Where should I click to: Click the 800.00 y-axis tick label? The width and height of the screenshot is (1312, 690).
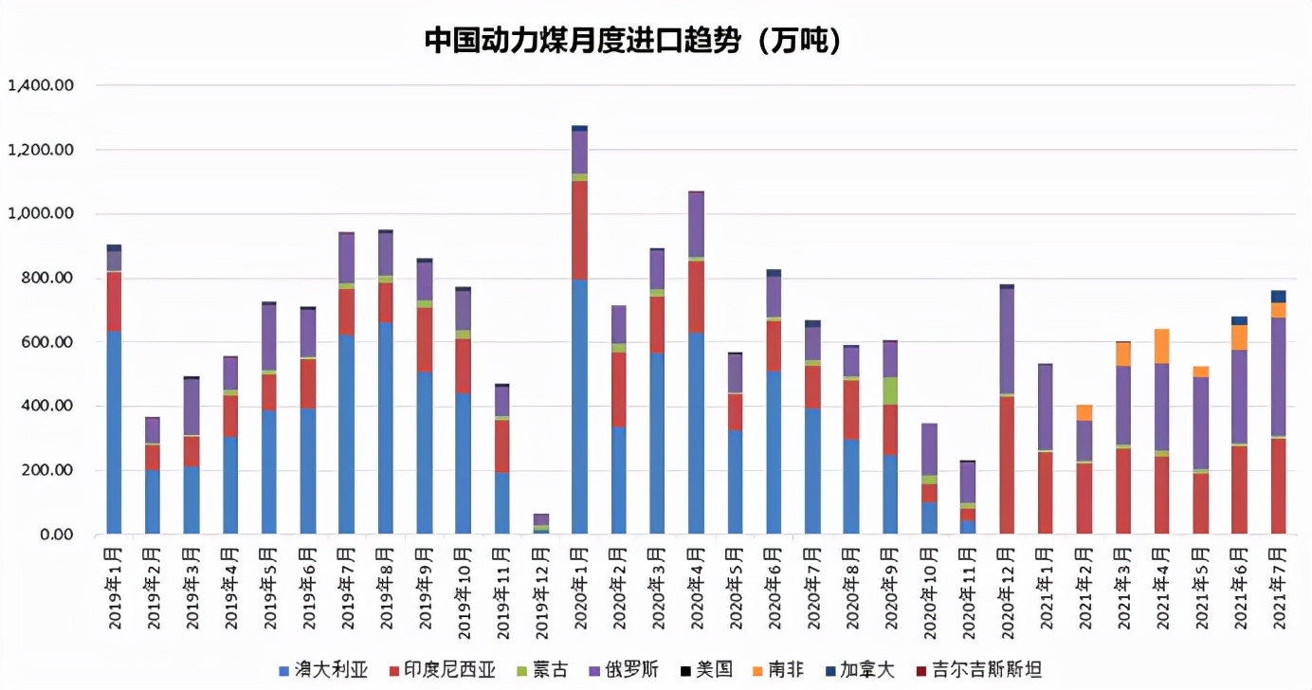point(47,279)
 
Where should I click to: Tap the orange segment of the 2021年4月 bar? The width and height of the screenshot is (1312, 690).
point(1161,346)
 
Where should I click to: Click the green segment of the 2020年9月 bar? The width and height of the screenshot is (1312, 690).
point(890,390)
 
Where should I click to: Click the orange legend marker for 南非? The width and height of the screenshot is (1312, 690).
point(756,670)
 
